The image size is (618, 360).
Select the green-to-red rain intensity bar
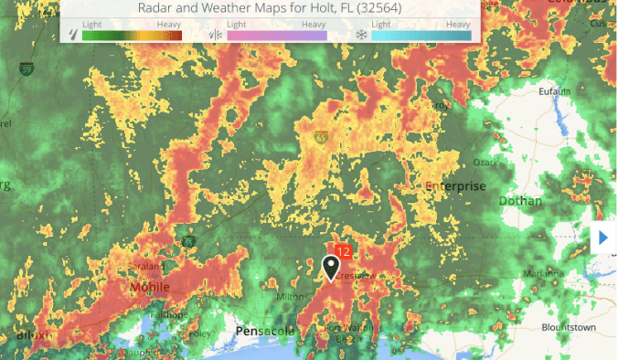click(132, 36)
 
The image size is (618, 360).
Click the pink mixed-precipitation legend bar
click(276, 36)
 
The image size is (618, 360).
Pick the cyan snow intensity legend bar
click(421, 36)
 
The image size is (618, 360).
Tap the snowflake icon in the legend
click(361, 36)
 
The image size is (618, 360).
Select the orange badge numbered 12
click(345, 249)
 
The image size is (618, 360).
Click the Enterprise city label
click(455, 186)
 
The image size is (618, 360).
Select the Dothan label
click(520, 201)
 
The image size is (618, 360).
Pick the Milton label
click(290, 295)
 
